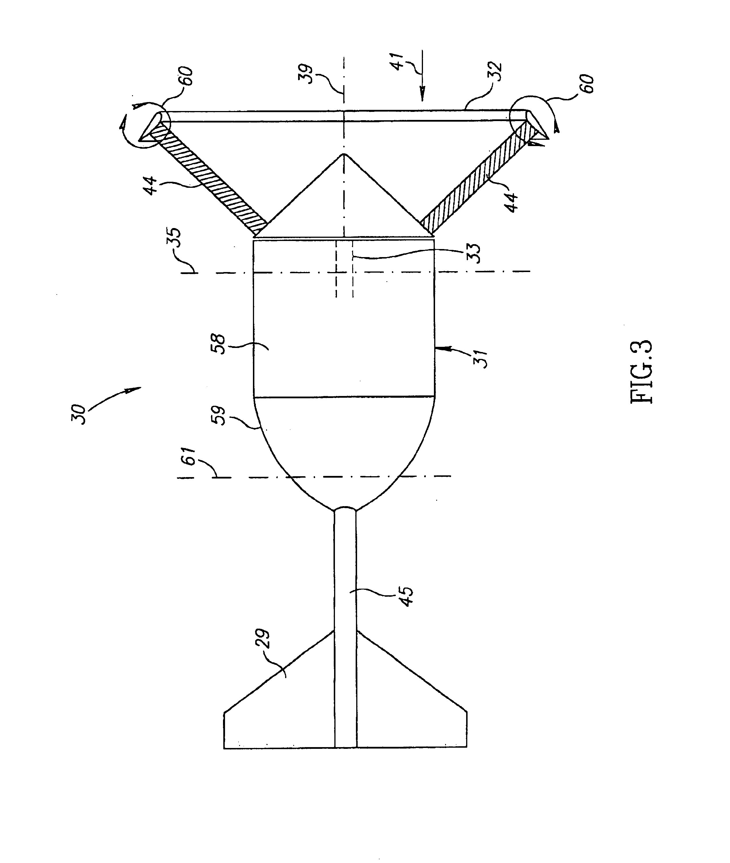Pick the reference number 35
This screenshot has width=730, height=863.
[x=175, y=238]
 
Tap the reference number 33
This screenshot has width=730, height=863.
[x=474, y=253]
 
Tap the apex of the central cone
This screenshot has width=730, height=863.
[x=344, y=155]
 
